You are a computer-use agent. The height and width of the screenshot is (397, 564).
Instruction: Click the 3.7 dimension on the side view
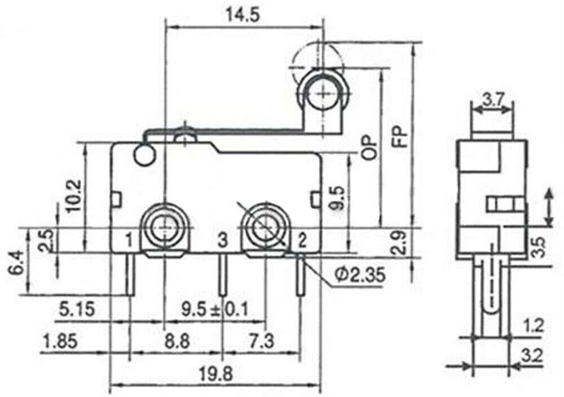pos(493,100)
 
